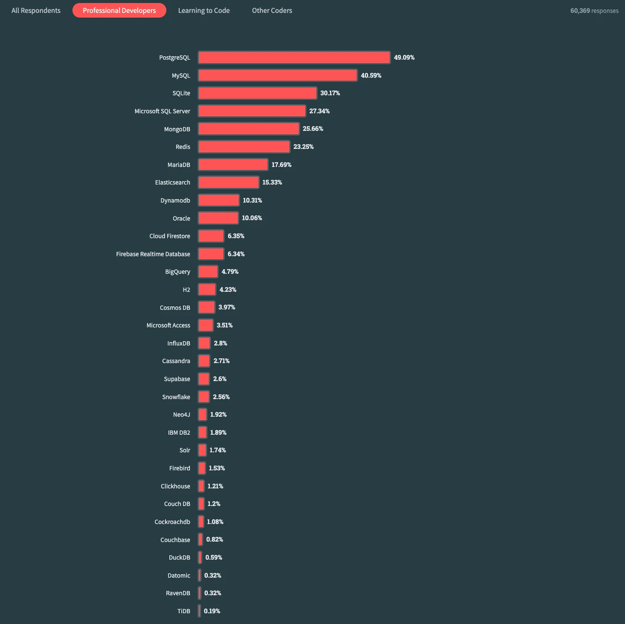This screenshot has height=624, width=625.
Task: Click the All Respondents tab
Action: (36, 10)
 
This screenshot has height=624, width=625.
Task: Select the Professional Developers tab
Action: (119, 10)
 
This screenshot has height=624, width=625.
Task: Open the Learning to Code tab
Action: (204, 10)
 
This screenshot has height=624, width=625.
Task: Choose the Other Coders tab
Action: (272, 10)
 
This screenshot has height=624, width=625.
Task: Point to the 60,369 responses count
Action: (594, 11)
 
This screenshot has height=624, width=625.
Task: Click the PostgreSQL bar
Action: (294, 58)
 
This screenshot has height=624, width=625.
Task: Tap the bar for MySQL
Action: (277, 76)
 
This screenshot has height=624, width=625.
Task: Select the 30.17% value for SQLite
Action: (330, 93)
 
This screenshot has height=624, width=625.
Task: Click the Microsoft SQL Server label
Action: (162, 111)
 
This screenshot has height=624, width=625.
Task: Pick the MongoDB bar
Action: (249, 129)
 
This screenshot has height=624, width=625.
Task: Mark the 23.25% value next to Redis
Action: (303, 147)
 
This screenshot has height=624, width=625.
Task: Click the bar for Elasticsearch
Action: (228, 182)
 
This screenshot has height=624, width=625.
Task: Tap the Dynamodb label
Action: (175, 200)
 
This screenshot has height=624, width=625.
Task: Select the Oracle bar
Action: (218, 218)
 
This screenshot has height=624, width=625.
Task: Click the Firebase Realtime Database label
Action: (153, 254)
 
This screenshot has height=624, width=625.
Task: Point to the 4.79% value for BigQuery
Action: (230, 272)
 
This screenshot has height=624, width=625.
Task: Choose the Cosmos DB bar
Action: (207, 307)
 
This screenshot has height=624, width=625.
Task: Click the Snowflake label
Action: (176, 397)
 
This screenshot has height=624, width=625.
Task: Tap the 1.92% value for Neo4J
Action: (218, 415)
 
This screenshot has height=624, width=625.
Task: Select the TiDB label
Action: (183, 611)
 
